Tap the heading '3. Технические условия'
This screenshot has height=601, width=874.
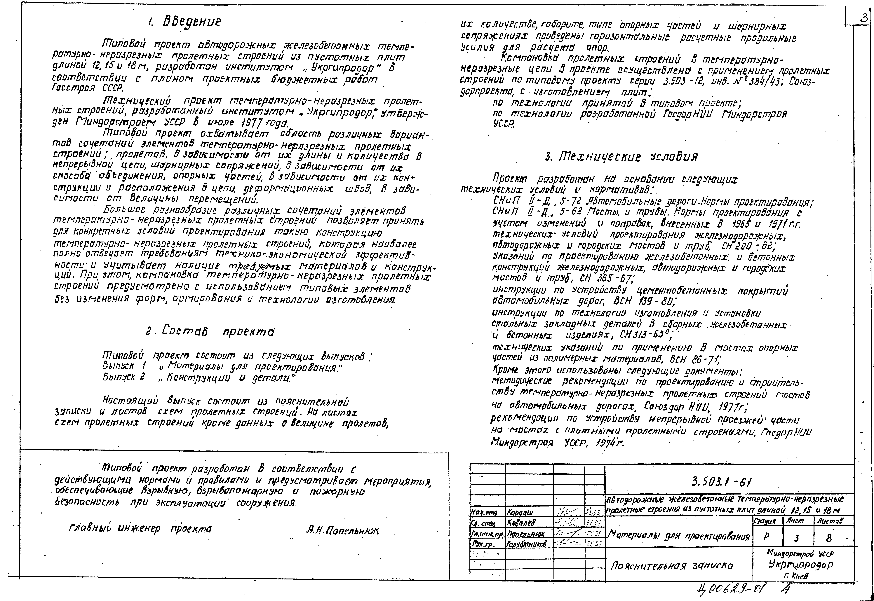click(x=621, y=156)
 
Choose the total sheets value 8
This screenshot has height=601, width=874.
click(x=828, y=538)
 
